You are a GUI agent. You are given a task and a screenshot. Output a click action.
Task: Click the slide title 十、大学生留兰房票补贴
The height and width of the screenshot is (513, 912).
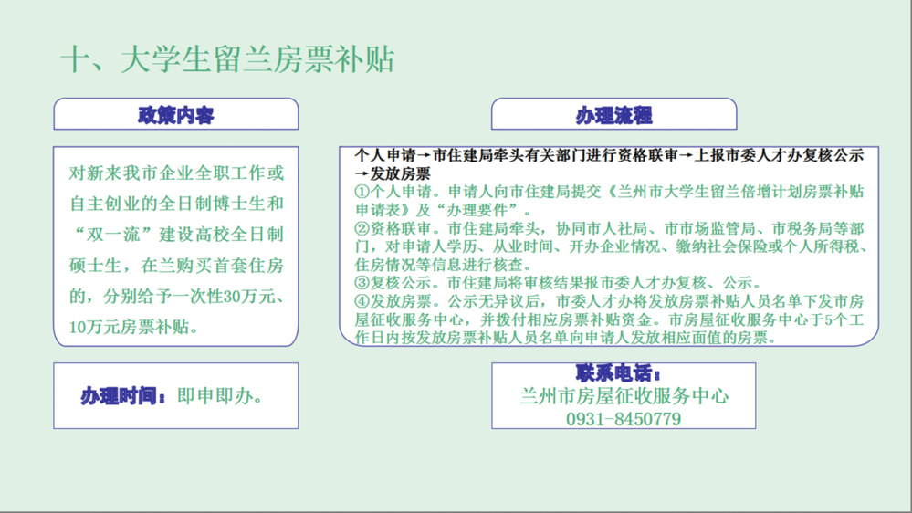click(x=227, y=59)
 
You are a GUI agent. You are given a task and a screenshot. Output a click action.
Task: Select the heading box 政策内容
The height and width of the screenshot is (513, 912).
click(x=175, y=114)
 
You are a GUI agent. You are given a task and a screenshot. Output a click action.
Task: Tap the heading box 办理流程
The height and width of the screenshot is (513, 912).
click(x=613, y=114)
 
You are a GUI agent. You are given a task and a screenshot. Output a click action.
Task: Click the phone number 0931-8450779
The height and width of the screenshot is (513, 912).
click(x=624, y=419)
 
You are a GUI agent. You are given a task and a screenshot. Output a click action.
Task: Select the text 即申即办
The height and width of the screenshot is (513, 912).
click(x=215, y=396)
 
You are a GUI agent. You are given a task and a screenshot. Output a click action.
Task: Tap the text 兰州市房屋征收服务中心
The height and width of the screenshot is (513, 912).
click(x=624, y=396)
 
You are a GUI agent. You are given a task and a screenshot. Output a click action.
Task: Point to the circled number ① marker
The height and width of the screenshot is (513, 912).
click(x=362, y=192)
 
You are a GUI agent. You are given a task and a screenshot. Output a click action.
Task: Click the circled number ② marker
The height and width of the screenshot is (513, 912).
click(x=362, y=228)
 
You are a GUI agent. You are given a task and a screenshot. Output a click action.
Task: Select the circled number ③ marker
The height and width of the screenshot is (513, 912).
click(x=362, y=283)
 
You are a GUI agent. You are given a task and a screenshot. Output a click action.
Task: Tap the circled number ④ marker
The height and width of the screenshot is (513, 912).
click(x=362, y=301)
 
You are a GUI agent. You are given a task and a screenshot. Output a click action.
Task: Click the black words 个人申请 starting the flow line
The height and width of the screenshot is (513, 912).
click(x=385, y=155)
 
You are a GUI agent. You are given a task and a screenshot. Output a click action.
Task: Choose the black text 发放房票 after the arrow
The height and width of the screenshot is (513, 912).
click(x=400, y=173)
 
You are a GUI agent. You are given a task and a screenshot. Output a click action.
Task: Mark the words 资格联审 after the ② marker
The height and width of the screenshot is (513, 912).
click(x=400, y=228)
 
